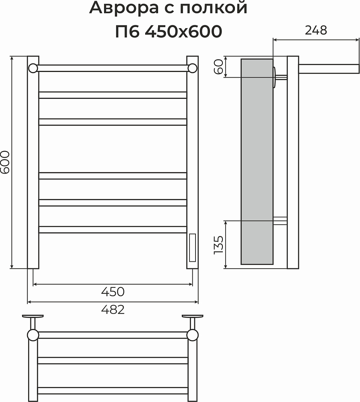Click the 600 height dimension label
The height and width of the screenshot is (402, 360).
(x=5, y=162)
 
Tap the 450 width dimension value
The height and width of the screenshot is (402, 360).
(x=113, y=292)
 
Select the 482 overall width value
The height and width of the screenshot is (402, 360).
(x=113, y=310)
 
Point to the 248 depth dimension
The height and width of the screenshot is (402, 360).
(x=316, y=30)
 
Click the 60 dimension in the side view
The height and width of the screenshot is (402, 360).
(x=218, y=67)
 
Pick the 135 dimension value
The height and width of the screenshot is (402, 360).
(x=218, y=245)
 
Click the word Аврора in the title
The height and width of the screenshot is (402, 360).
(x=124, y=8)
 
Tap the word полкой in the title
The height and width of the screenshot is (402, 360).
(x=213, y=7)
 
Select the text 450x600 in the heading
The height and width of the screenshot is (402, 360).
(x=183, y=31)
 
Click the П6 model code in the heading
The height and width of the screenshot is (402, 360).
(x=127, y=31)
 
